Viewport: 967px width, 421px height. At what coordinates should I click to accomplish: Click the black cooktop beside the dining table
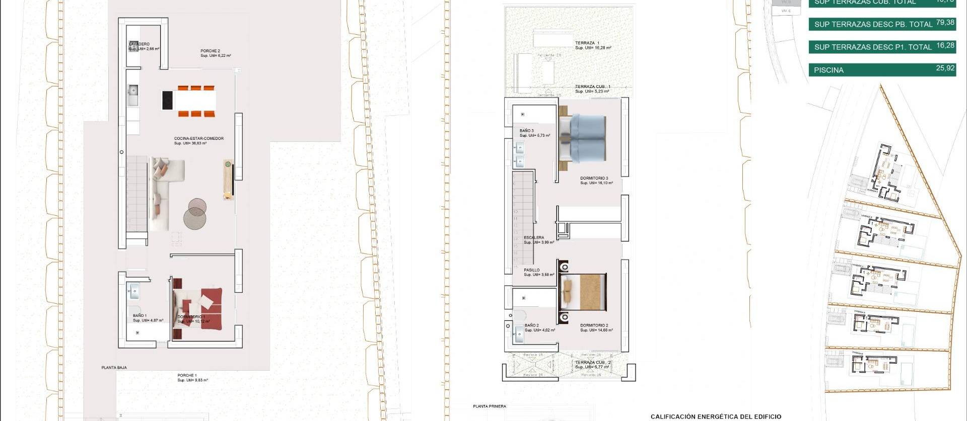pyautogui.click(x=167, y=100)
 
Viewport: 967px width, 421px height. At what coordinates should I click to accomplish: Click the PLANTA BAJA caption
pyautogui.click(x=114, y=368)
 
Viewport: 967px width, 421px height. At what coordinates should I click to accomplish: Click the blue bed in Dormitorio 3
pyautogui.click(x=586, y=137)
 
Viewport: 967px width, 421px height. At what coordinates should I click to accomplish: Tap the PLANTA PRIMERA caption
pyautogui.click(x=490, y=406)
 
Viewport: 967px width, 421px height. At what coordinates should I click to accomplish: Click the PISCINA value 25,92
pyautogui.click(x=945, y=68)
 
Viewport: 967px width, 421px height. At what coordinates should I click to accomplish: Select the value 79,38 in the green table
pyautogui.click(x=945, y=23)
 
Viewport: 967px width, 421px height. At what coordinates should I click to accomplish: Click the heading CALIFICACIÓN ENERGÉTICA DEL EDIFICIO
pyautogui.click(x=716, y=416)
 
